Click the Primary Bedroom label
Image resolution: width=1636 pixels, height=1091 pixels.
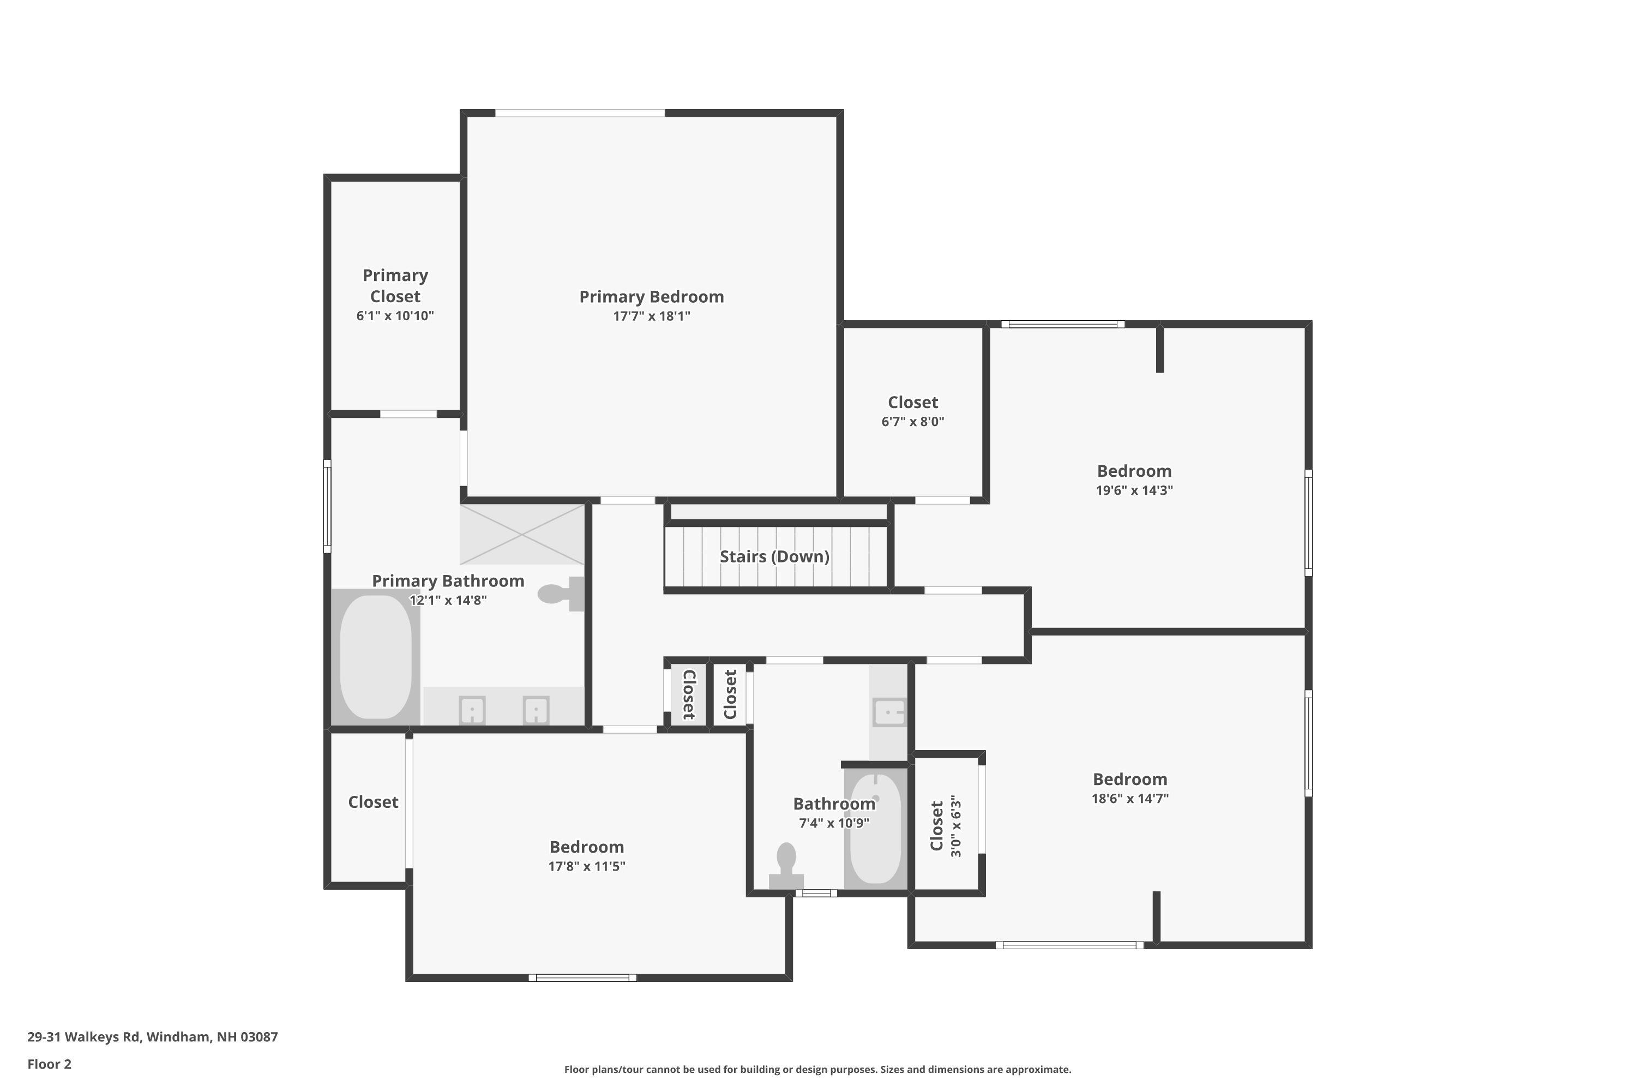(651, 297)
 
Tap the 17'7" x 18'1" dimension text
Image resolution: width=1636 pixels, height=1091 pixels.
(651, 316)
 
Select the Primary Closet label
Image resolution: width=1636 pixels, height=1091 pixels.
(395, 286)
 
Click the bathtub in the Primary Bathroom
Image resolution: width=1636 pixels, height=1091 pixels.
(376, 657)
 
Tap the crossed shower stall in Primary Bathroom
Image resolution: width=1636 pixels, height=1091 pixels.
(522, 535)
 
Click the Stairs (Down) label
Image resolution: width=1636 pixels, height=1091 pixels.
(774, 556)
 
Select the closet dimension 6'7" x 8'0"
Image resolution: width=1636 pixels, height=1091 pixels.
(912, 422)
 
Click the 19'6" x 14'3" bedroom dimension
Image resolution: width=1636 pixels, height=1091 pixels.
(1134, 490)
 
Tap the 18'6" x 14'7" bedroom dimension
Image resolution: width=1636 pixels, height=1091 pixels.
(1129, 799)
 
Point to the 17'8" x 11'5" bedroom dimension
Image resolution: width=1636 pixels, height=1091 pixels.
(586, 866)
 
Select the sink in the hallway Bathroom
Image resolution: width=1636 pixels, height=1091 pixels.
(889, 712)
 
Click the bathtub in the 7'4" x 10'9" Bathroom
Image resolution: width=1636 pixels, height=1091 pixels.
(876, 828)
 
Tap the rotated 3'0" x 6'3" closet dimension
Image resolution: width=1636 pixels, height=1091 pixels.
(956, 826)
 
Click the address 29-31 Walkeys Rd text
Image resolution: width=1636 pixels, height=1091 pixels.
(152, 1037)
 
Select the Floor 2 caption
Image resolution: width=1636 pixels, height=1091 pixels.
(50, 1064)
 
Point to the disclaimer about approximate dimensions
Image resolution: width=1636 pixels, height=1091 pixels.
(817, 1069)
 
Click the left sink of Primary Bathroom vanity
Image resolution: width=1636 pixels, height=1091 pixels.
(472, 710)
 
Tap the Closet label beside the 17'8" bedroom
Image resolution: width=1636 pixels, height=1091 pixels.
(373, 802)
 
